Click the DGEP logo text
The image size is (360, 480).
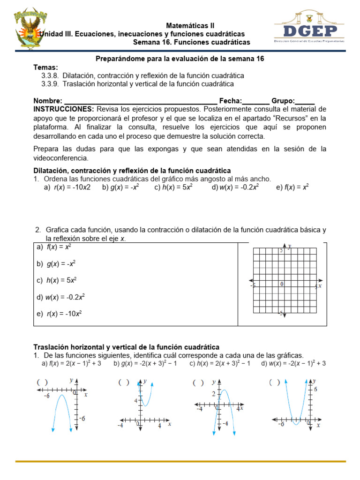309,31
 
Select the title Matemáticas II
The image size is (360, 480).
190,25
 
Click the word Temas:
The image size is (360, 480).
45,67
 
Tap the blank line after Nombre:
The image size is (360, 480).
140,101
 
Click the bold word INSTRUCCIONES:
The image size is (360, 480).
64,109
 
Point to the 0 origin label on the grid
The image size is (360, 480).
282,284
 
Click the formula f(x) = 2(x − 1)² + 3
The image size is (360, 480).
71,363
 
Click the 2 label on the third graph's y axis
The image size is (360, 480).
213,393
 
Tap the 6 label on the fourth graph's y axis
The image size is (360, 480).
315,390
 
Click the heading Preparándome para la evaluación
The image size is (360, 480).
180,59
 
